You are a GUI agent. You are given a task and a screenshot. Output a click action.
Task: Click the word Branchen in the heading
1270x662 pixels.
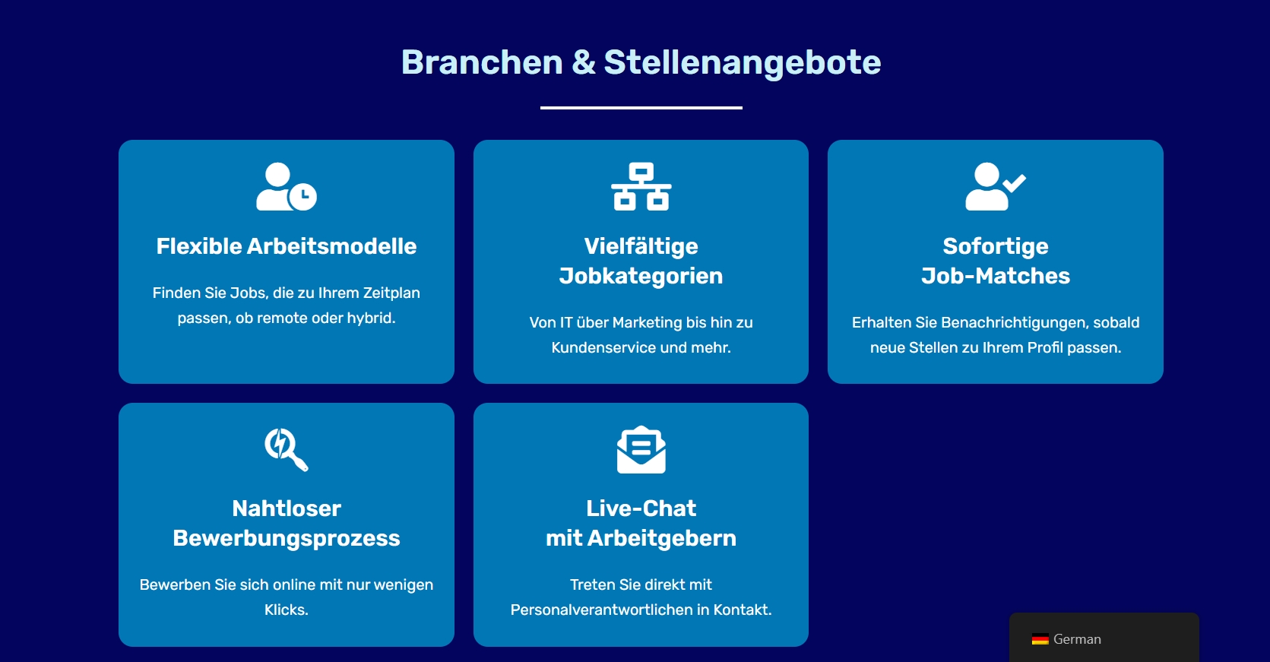pyautogui.click(x=482, y=62)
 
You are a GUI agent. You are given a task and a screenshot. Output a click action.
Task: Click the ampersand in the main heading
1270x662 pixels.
pyautogui.click(x=584, y=62)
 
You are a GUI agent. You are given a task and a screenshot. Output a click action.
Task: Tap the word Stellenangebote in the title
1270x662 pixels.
pyautogui.click(x=742, y=63)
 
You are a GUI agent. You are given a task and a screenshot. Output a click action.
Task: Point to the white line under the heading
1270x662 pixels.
pyautogui.click(x=641, y=107)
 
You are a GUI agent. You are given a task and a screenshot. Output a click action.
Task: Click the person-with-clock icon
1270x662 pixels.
pyautogui.click(x=287, y=186)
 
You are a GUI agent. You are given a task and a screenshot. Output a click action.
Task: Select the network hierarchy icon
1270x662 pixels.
pyautogui.click(x=641, y=186)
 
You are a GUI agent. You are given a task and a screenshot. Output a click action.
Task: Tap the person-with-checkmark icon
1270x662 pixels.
pyautogui.click(x=996, y=186)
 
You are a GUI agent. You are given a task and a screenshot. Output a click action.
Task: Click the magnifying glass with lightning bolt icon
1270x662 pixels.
pyautogui.click(x=287, y=449)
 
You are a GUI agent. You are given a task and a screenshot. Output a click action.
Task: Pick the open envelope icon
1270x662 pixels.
pyautogui.click(x=641, y=449)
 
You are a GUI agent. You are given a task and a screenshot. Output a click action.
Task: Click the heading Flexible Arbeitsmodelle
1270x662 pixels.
pyautogui.click(x=287, y=246)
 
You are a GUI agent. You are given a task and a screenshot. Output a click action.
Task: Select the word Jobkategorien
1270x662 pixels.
pyautogui.click(x=641, y=277)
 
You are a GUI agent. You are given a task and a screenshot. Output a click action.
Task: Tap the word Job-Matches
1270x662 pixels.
pyautogui.click(x=996, y=276)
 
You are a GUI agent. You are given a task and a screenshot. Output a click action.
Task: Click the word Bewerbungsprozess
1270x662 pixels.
pyautogui.click(x=287, y=538)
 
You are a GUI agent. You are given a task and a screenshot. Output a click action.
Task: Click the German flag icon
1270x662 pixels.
pyautogui.click(x=1040, y=639)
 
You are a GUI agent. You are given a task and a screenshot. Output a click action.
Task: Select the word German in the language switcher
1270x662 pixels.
pyautogui.click(x=1077, y=639)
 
